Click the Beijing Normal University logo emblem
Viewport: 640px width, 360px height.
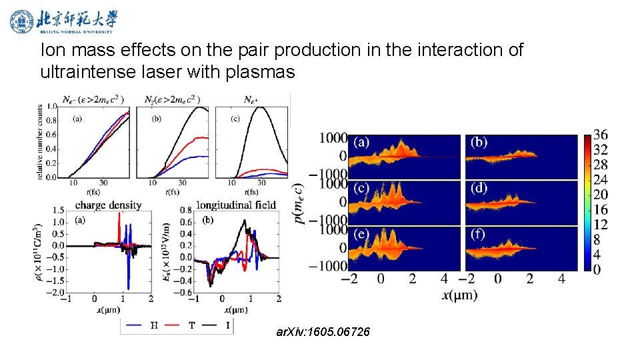coord(21,21)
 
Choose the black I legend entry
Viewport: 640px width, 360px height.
coord(217,325)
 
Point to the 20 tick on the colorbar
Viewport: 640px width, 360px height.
coord(600,195)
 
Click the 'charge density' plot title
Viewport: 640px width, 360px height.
coord(108,205)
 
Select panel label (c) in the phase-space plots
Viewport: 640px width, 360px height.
coord(361,188)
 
